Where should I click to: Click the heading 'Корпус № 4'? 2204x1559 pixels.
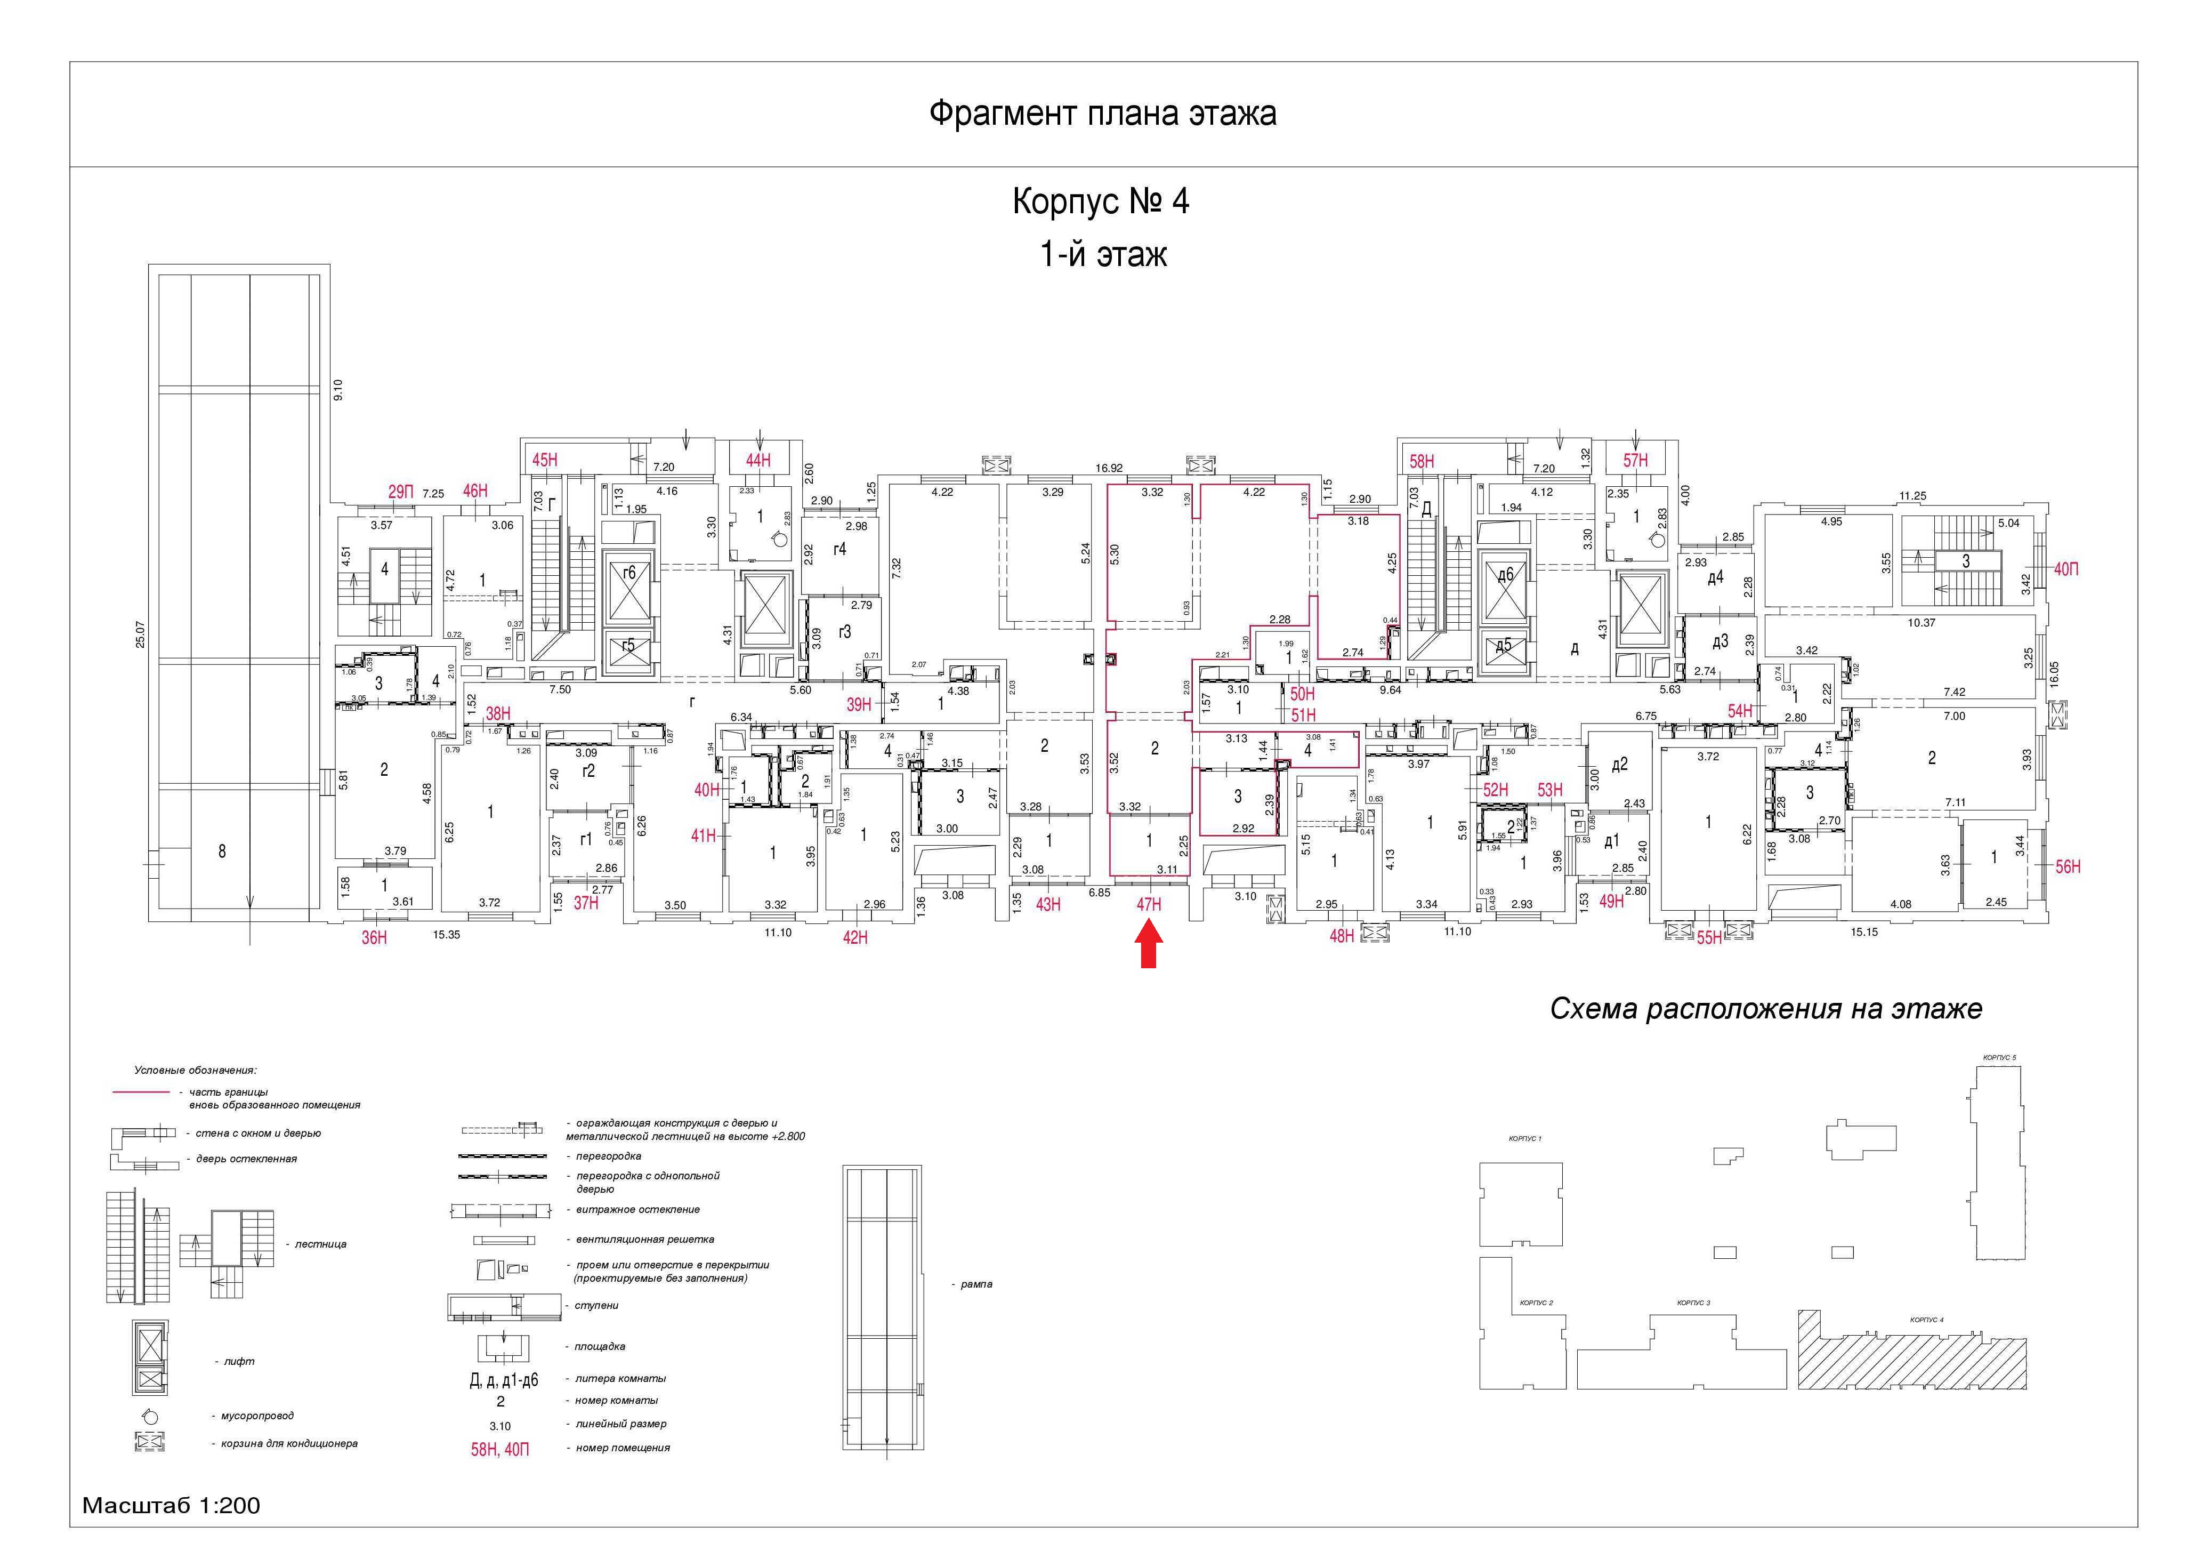pos(1101,203)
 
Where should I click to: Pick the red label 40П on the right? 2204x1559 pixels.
pos(2066,569)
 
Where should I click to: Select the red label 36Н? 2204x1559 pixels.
pos(374,938)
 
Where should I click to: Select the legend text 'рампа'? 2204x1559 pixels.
pos(976,1284)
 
